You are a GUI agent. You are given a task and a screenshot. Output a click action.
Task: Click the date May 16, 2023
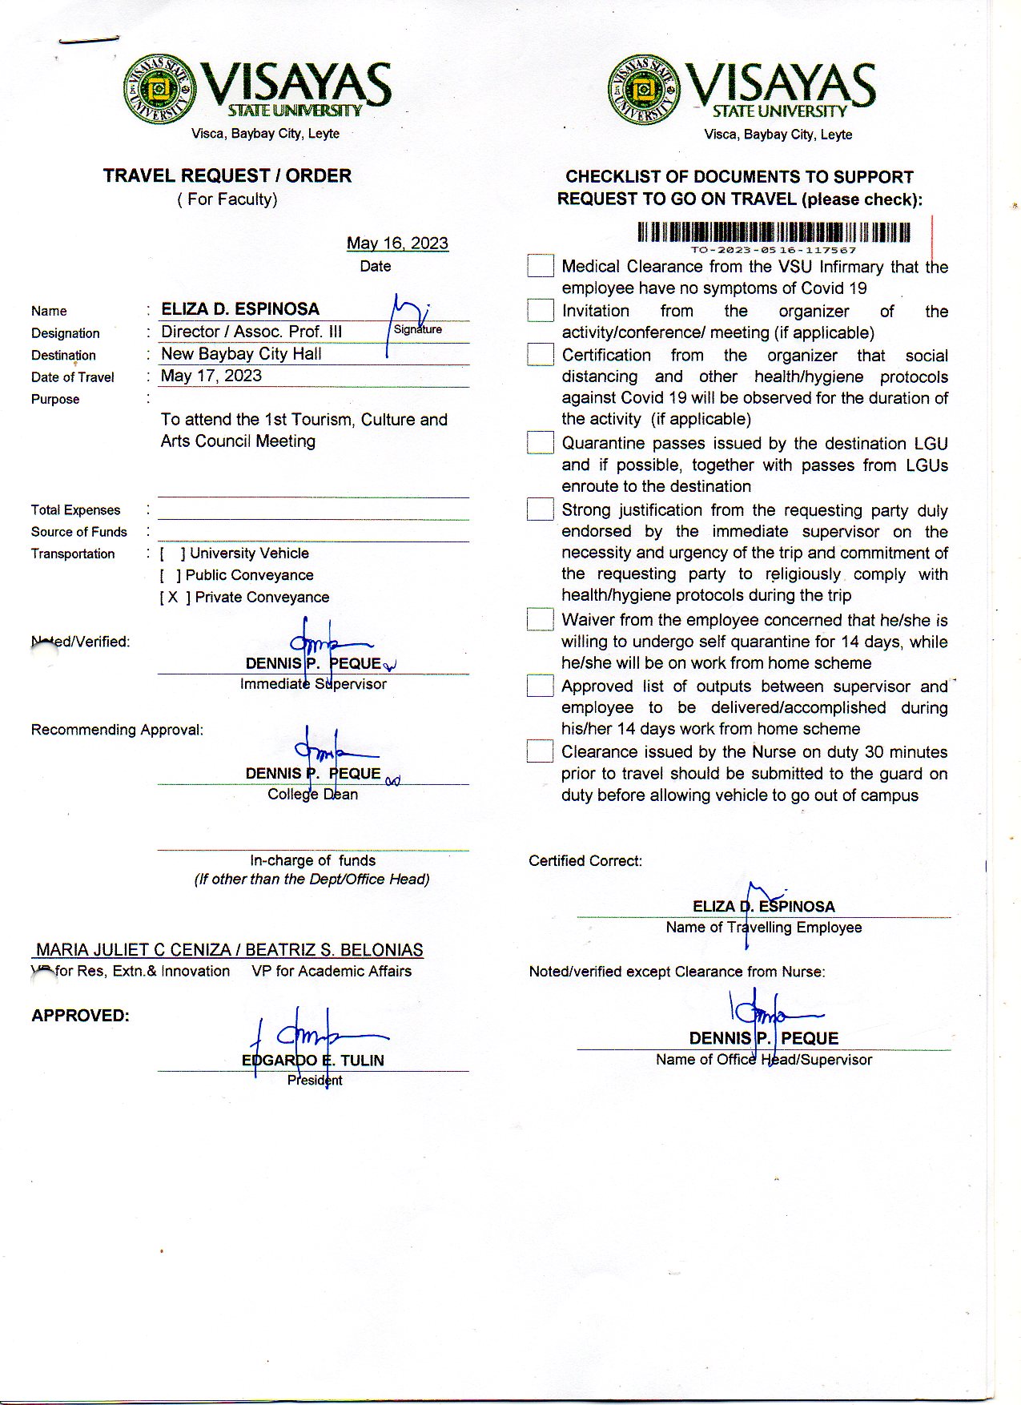397,244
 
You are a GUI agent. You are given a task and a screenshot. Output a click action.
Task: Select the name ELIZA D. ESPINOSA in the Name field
240,309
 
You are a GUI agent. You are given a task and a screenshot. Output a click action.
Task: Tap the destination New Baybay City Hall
241,354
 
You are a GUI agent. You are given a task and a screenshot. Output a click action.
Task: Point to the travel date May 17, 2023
211,376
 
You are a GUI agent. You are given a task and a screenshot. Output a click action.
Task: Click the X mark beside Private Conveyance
173,598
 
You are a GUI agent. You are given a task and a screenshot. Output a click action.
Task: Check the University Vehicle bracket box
172,554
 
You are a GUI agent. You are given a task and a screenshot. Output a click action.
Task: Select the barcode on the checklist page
774,232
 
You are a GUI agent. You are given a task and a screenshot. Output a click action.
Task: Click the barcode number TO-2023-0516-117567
774,250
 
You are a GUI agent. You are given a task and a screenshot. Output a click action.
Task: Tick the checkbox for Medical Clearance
541,266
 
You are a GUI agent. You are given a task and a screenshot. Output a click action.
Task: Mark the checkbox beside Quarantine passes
541,442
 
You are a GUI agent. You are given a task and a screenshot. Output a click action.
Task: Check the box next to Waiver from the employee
541,619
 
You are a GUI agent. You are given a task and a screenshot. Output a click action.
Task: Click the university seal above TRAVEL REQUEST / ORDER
160,89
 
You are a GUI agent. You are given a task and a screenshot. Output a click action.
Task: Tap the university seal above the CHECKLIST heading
644,90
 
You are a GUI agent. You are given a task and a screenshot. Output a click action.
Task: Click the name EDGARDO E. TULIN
313,1061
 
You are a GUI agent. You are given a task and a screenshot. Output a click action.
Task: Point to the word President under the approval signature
315,1081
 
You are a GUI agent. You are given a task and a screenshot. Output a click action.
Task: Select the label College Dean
313,795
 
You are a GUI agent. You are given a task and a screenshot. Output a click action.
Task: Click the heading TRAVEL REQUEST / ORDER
227,176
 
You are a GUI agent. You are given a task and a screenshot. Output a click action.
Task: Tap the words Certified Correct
585,861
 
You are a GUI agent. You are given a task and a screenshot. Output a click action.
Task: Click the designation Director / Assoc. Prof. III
251,332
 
